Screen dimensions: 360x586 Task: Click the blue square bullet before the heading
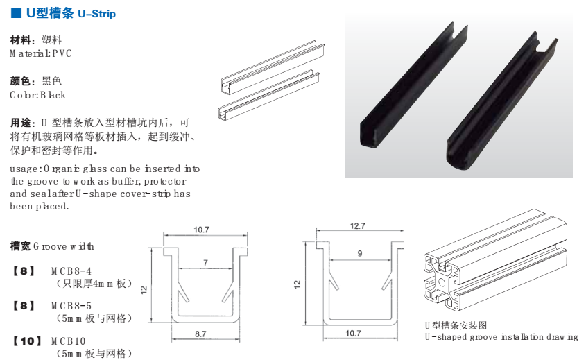[15, 13]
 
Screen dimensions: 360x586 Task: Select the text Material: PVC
[40, 53]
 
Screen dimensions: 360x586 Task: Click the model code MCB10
[68, 341]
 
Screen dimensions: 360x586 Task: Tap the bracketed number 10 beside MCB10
[24, 341]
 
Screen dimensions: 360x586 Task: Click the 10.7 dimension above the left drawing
[202, 230]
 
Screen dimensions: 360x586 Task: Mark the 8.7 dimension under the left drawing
[201, 334]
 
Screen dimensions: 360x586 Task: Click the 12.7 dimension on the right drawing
[359, 226]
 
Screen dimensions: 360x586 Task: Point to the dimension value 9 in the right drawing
[359, 254]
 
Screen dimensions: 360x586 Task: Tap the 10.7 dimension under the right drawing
[353, 334]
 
